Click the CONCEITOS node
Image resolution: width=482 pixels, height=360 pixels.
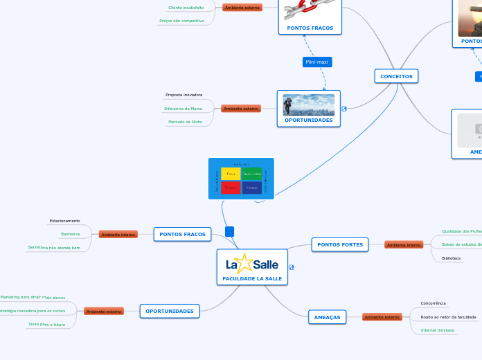click(x=396, y=76)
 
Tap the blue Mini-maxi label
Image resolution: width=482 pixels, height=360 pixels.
click(x=317, y=62)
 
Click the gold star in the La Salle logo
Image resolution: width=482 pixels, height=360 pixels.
click(x=244, y=264)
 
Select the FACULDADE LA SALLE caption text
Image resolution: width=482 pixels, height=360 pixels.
click(x=252, y=278)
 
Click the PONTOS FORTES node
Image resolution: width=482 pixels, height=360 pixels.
click(x=340, y=244)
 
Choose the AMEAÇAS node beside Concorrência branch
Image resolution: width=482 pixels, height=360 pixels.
click(x=327, y=317)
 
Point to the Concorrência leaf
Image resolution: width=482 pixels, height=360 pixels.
click(x=434, y=303)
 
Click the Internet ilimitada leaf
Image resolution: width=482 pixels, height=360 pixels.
click(x=438, y=330)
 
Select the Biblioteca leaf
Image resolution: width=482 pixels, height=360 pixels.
click(x=451, y=258)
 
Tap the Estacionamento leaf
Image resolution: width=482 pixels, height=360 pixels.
click(x=64, y=221)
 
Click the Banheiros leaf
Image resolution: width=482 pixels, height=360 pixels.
click(x=71, y=234)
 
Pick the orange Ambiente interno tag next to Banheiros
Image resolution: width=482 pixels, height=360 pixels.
click(x=118, y=235)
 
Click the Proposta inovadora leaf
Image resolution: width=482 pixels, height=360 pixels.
click(x=184, y=95)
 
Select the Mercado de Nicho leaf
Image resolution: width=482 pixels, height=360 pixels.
click(x=185, y=122)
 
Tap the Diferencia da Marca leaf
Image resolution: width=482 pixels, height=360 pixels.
click(x=183, y=109)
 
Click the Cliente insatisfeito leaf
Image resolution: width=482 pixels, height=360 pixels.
click(x=186, y=8)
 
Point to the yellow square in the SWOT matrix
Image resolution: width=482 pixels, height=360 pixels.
click(x=231, y=174)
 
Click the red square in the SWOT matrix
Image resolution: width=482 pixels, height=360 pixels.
click(x=231, y=188)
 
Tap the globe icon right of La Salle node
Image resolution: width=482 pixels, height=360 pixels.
click(x=292, y=267)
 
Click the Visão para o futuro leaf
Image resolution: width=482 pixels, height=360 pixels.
click(x=46, y=324)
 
